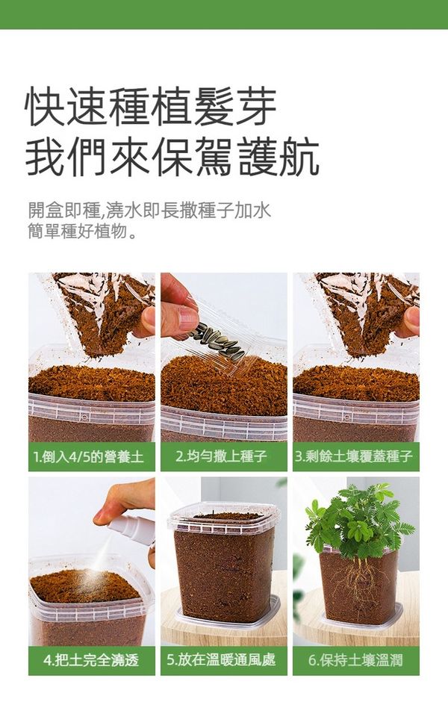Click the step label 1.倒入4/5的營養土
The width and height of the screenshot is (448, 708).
(89, 456)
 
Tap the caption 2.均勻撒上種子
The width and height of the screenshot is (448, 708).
(221, 456)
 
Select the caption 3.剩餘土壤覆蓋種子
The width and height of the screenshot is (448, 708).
(354, 456)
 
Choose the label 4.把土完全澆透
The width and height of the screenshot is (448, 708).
(91, 661)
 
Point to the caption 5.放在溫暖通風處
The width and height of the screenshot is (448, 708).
(221, 660)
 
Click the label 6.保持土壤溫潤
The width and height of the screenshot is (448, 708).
(355, 661)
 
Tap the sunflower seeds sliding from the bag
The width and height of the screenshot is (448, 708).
(219, 340)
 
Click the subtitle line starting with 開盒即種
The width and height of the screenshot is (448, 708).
(149, 211)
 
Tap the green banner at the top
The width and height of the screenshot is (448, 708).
(224, 14)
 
